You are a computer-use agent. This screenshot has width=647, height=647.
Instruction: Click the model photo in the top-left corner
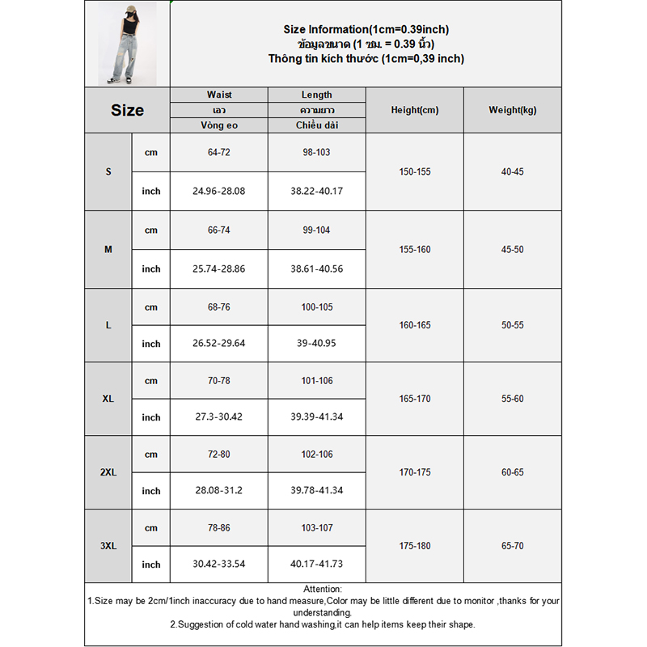pyautogui.click(x=127, y=43)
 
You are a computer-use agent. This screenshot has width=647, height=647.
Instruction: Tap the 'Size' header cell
pyautogui.click(x=127, y=111)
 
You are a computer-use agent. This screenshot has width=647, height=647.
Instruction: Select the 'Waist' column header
pyautogui.click(x=219, y=95)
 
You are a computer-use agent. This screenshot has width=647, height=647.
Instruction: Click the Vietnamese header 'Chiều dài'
pyautogui.click(x=316, y=125)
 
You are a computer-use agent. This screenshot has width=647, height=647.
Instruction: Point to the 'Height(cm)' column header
pyautogui.click(x=414, y=110)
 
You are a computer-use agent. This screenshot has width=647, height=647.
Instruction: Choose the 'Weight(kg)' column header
pyautogui.click(x=512, y=110)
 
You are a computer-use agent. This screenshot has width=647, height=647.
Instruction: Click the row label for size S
pyautogui.click(x=108, y=172)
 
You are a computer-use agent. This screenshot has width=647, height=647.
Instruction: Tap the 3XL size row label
pyautogui.click(x=108, y=546)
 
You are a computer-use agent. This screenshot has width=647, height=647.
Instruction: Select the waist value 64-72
pyautogui.click(x=219, y=152)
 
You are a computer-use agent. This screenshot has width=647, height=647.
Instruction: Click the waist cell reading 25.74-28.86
pyautogui.click(x=219, y=269)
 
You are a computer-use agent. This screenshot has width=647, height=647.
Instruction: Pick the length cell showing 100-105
pyautogui.click(x=316, y=307)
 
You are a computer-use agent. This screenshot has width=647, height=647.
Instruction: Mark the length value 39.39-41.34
pyautogui.click(x=316, y=417)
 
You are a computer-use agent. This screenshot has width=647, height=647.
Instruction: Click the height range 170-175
pyautogui.click(x=414, y=472)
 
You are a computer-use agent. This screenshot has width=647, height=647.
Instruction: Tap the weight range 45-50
pyautogui.click(x=512, y=250)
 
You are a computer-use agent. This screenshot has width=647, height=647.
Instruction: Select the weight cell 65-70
pyautogui.click(x=512, y=546)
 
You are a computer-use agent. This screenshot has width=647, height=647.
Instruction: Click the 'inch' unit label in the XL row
pyautogui.click(x=151, y=417)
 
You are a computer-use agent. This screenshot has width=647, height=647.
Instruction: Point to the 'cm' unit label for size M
pyautogui.click(x=151, y=230)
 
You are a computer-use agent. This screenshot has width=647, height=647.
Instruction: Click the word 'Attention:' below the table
pyautogui.click(x=323, y=590)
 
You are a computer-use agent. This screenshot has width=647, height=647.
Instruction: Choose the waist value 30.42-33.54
pyautogui.click(x=219, y=565)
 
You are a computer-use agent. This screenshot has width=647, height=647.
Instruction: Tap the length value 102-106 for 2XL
pyautogui.click(x=316, y=455)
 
